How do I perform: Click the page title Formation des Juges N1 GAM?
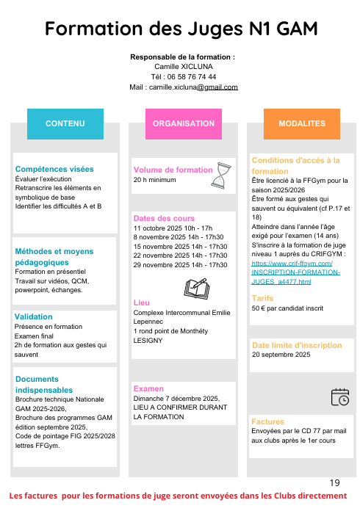[x=181, y=29]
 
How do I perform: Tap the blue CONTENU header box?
[x=65, y=123]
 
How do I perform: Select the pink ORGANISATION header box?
[x=183, y=123]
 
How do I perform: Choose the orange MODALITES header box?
[x=302, y=123]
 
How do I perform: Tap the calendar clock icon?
[x=339, y=396]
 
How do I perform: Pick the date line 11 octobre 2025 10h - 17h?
[x=173, y=228]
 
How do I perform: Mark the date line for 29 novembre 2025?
[x=180, y=264]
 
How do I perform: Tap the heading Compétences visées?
[x=54, y=168]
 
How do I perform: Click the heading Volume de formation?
[x=173, y=170]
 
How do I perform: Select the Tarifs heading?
[x=262, y=298]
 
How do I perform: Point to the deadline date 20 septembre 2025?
[x=281, y=354]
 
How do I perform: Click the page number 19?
[x=335, y=482]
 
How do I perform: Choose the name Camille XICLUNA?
[x=182, y=66]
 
